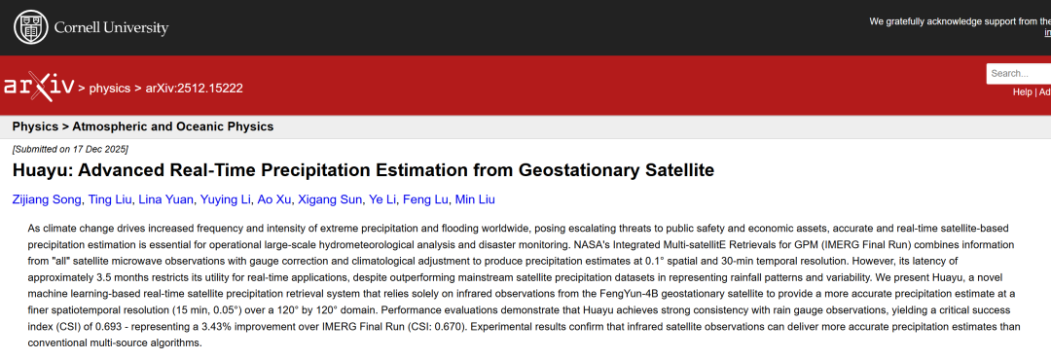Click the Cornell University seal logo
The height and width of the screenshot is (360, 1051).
pyautogui.click(x=31, y=27)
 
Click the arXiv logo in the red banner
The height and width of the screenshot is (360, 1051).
pyautogui.click(x=39, y=87)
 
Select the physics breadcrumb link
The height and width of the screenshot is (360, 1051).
pyautogui.click(x=109, y=88)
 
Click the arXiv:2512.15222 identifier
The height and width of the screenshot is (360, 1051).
pyautogui.click(x=195, y=88)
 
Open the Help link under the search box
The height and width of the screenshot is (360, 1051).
pyautogui.click(x=1022, y=91)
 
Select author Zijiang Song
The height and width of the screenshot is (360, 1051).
pyautogui.click(x=46, y=199)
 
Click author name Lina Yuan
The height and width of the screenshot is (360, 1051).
pyautogui.click(x=165, y=199)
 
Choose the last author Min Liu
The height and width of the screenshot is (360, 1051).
pyautogui.click(x=475, y=199)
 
